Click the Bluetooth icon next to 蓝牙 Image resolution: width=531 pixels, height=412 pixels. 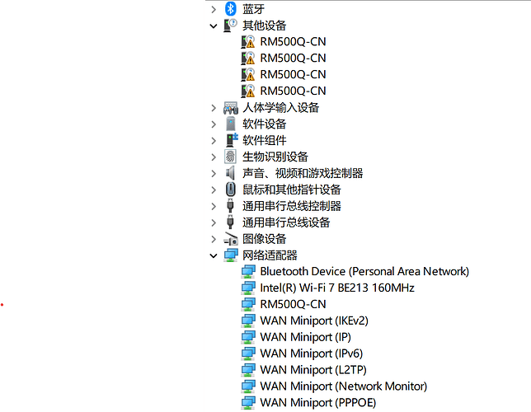(231, 9)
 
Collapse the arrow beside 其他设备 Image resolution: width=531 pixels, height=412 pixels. (214, 26)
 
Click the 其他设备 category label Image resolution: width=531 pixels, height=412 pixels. (265, 26)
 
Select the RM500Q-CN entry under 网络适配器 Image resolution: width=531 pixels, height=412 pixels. (293, 304)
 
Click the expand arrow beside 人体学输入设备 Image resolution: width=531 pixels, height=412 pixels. (214, 108)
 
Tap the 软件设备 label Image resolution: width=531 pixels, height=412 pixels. (265, 124)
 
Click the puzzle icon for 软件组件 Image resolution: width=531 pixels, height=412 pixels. (232, 140)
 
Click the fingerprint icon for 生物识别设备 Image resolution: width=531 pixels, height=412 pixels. (230, 157)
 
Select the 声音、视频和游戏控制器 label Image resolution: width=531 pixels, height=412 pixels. (303, 173)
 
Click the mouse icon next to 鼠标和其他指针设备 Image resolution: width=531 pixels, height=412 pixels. (231, 190)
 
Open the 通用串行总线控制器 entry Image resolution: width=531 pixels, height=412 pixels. (292, 206)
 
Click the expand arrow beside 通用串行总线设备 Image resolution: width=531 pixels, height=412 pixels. (214, 222)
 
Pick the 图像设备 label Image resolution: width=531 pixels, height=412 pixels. (265, 239)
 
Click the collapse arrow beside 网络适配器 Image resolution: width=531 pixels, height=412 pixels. (214, 255)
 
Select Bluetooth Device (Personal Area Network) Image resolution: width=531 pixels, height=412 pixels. (364, 271)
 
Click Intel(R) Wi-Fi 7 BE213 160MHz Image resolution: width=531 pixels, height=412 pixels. (337, 288)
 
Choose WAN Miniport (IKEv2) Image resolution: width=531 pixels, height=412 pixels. (314, 321)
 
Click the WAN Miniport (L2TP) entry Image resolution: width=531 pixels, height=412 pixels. (313, 370)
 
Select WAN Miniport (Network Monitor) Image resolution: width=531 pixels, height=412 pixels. (343, 386)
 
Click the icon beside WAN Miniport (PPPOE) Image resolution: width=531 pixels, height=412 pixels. (248, 402)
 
